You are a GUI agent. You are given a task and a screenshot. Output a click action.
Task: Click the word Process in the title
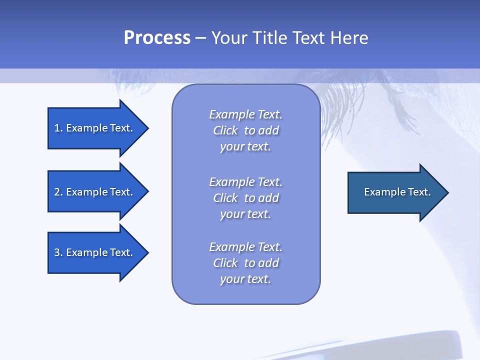tap(157, 38)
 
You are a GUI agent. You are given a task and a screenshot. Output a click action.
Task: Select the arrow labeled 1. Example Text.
tap(95, 128)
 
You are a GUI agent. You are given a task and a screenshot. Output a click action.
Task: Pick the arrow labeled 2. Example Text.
tap(95, 192)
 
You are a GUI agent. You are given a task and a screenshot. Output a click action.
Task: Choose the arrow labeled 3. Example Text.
tap(95, 252)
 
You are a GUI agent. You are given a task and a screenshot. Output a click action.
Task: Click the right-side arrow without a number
tap(395, 192)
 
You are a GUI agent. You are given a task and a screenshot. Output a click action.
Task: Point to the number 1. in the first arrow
tap(58, 128)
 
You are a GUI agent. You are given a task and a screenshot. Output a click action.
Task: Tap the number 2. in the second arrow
tap(58, 192)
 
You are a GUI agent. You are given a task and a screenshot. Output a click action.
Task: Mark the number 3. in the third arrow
tap(58, 252)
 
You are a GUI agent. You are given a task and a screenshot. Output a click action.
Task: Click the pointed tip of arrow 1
tap(146, 128)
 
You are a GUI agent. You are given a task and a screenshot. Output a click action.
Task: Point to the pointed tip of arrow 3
tap(146, 252)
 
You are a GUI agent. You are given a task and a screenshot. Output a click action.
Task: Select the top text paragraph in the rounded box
tap(245, 130)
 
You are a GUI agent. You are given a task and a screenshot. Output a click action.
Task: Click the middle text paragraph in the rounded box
tap(245, 198)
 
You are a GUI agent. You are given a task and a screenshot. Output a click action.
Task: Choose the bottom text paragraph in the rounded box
tap(245, 263)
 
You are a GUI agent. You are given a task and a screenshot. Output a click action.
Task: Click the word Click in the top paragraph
tap(225, 130)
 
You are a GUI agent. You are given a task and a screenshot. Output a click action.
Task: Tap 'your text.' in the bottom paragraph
tap(245, 279)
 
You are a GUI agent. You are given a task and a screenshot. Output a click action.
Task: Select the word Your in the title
tap(229, 38)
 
